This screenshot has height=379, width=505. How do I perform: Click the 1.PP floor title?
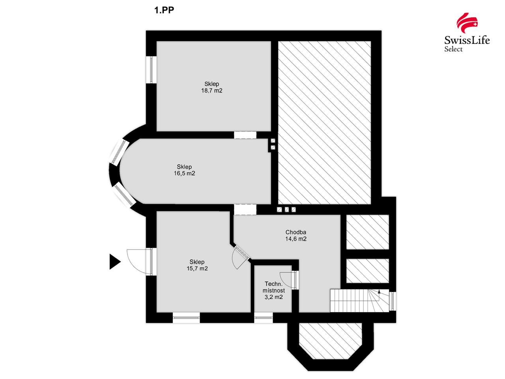click(164, 10)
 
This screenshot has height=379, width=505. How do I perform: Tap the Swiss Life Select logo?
click(467, 32)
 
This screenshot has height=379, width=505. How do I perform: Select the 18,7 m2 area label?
click(211, 91)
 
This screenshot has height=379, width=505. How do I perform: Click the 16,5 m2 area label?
click(184, 173)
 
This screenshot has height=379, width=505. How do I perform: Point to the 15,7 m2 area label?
click(197, 268)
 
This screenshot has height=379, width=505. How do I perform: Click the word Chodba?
click(296, 232)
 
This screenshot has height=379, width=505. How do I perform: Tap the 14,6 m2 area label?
click(296, 239)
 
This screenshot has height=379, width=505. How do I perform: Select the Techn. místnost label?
click(273, 287)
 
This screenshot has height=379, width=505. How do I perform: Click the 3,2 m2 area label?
click(273, 297)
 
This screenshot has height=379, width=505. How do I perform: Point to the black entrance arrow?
click(115, 262)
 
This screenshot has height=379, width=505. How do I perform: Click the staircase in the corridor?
click(359, 300)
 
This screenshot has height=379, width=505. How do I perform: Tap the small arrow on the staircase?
click(379, 292)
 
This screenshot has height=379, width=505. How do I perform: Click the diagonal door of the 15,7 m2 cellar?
click(241, 257)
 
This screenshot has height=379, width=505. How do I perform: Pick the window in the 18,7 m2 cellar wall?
click(151, 70)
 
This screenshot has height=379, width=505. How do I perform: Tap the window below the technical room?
click(264, 317)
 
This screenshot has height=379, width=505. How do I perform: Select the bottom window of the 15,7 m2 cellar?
click(186, 317)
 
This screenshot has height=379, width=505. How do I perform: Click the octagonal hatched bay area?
click(330, 341)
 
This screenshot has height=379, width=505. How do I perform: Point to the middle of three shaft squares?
click(287, 210)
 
